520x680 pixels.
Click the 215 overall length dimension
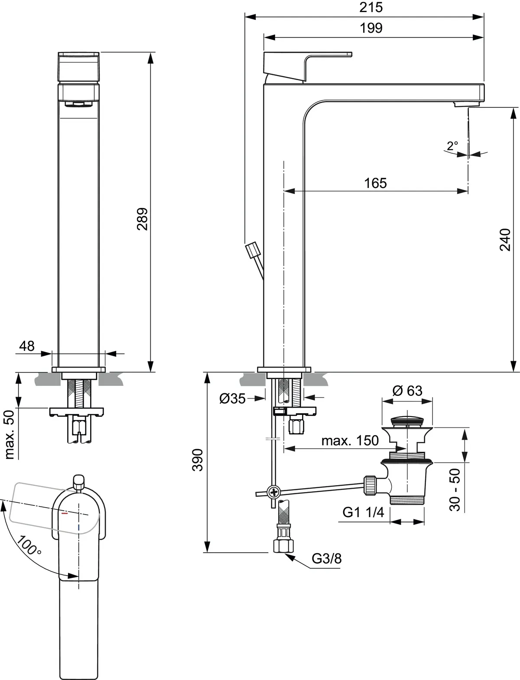[x=371, y=7]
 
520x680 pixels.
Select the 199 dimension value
[x=371, y=28]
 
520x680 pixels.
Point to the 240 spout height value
[x=506, y=240]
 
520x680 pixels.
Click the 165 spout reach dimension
[x=375, y=183]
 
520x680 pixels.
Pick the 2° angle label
[x=452, y=145]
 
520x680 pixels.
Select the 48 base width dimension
[x=27, y=346]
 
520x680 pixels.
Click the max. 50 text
[x=10, y=434]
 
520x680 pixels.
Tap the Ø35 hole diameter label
[x=233, y=398]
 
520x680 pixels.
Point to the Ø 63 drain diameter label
[x=407, y=391]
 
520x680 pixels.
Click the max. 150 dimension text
[x=350, y=441]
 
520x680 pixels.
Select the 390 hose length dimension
[x=198, y=460]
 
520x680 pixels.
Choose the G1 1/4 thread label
[x=363, y=512]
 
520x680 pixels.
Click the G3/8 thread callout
[x=327, y=559]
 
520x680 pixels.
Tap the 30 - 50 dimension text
[x=455, y=490]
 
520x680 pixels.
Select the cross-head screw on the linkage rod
[x=274, y=492]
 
